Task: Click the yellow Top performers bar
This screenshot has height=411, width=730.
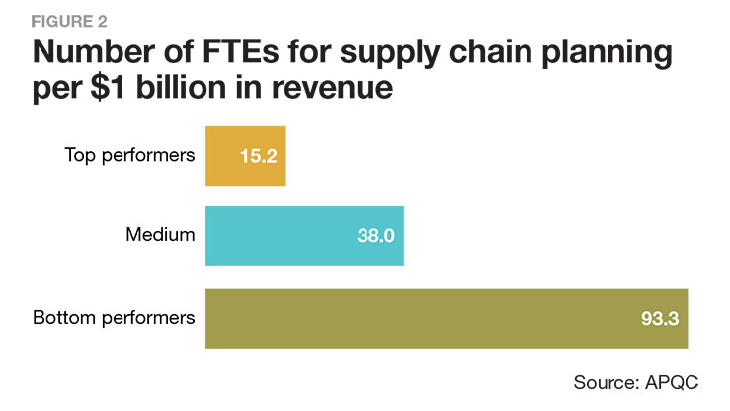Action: pos(245,155)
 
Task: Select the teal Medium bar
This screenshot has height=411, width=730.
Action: pos(304,236)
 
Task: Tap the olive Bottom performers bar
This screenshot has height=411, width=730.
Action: pos(446,318)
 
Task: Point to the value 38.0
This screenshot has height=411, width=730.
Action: pos(375,236)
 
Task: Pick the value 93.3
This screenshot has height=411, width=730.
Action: pos(658,318)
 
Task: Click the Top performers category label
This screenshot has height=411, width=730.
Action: pos(129,155)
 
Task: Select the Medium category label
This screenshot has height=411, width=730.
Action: pos(161,236)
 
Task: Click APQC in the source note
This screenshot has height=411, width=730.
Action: pos(681,380)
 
